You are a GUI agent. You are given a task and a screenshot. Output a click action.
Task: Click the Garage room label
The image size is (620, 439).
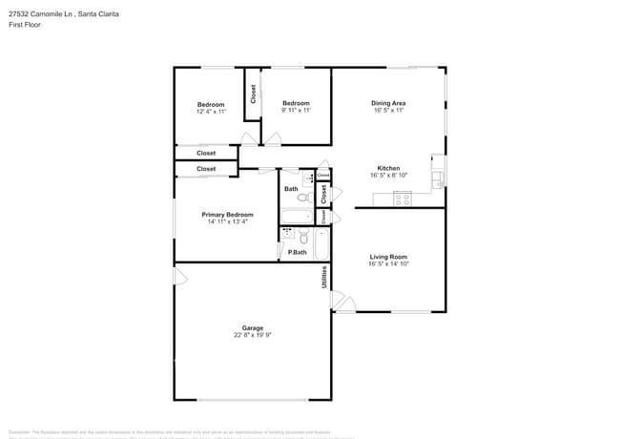tap(252, 327)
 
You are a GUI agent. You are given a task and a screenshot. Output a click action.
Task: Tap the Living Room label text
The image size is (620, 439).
tap(388, 257)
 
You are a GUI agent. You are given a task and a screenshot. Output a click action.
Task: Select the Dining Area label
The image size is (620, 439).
tap(388, 102)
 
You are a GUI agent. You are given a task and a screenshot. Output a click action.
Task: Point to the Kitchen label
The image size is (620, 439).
tap(388, 168)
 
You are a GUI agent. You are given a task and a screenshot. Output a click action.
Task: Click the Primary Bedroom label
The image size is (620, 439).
tap(227, 215)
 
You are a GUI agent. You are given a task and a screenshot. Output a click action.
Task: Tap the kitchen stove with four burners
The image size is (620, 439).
tap(403, 199)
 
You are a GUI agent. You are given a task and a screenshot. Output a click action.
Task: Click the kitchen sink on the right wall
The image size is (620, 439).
tap(437, 171)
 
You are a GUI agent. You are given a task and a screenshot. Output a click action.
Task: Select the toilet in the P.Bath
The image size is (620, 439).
tap(287, 232)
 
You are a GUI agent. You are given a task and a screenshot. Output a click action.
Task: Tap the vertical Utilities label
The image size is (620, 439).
tap(324, 278)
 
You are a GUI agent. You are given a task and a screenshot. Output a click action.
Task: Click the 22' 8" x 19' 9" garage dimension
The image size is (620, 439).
tap(252, 335)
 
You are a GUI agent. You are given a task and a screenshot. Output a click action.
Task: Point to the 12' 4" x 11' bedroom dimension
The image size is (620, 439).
tap(211, 112)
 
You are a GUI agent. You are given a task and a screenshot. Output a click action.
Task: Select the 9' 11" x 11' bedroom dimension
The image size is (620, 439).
tap(296, 111)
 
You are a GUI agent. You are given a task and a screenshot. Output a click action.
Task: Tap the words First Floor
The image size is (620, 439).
tap(23, 26)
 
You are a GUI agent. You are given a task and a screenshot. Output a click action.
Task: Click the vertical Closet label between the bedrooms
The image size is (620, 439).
tap(253, 94)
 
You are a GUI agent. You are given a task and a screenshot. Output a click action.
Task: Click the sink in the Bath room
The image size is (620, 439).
tap(309, 178)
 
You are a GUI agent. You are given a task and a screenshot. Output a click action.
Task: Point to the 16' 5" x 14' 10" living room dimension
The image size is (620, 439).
tap(388, 264)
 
